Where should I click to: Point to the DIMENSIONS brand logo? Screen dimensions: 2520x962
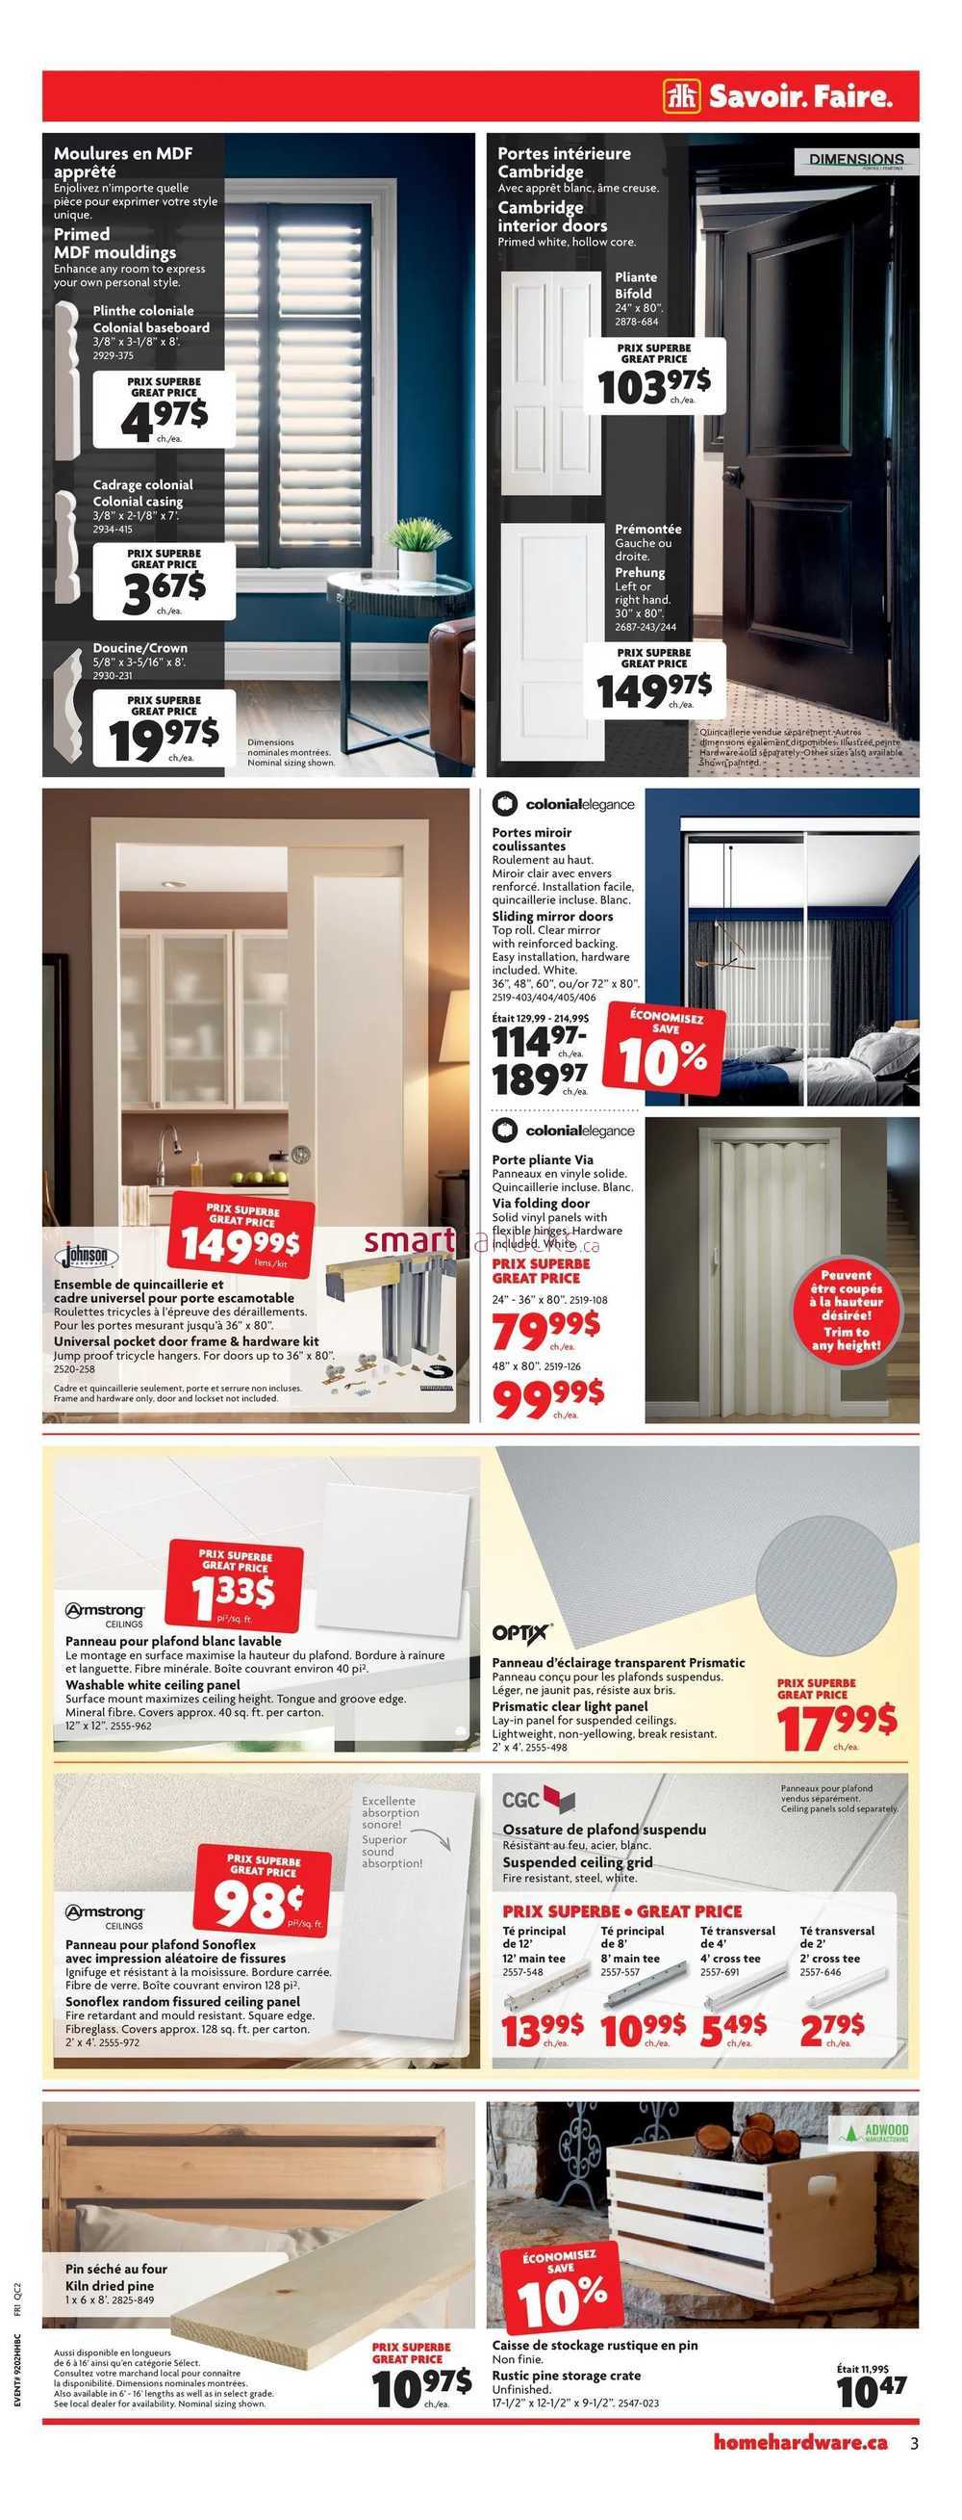855,161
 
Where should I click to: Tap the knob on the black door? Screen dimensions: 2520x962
731,477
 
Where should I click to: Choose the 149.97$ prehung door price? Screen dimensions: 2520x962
654,689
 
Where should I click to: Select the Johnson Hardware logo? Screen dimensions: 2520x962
89,1256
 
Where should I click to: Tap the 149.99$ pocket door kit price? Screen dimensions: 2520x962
240,1243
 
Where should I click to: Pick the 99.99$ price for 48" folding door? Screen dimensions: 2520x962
547,1396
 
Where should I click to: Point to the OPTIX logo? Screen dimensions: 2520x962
521,1632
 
